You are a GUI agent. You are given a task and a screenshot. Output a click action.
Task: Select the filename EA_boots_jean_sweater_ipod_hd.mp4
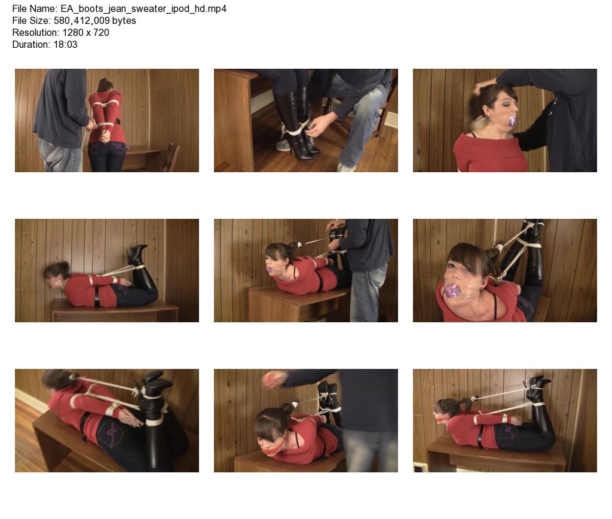pyautogui.click(x=143, y=9)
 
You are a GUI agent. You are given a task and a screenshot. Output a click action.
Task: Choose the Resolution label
pyautogui.click(x=35, y=32)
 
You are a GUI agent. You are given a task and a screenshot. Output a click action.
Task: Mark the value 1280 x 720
pyautogui.click(x=85, y=32)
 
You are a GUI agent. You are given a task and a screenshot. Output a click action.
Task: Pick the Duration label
pyautogui.click(x=31, y=44)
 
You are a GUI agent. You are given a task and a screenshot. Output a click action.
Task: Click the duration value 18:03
pyautogui.click(x=65, y=44)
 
